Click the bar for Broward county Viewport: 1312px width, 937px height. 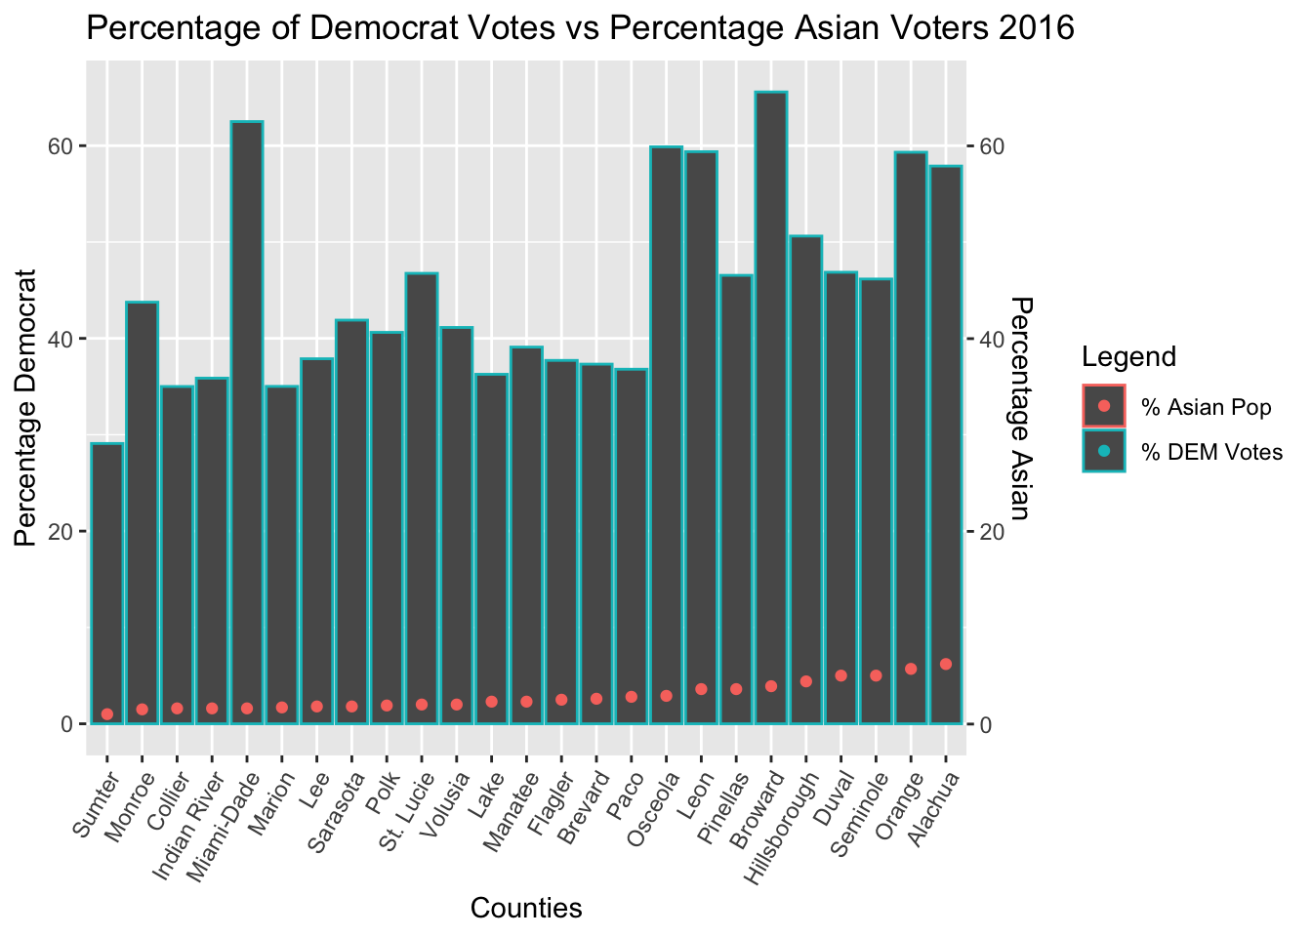[771, 408]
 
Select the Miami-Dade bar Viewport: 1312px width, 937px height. [247, 423]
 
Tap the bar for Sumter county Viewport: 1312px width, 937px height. [106, 584]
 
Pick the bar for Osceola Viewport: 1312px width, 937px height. [666, 435]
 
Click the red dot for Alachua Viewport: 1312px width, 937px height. [945, 664]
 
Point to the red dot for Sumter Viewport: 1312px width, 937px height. [106, 713]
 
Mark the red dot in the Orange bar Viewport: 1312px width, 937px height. [911, 669]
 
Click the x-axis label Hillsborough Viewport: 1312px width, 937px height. [781, 828]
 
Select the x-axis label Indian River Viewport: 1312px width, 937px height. [188, 826]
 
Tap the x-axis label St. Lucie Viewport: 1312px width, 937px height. [406, 810]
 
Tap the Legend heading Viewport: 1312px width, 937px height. [1128, 356]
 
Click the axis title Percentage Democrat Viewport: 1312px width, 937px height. [25, 408]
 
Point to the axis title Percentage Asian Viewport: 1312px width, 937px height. [1021, 408]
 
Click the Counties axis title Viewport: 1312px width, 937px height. [526, 909]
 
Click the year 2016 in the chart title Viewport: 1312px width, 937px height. [1036, 27]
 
